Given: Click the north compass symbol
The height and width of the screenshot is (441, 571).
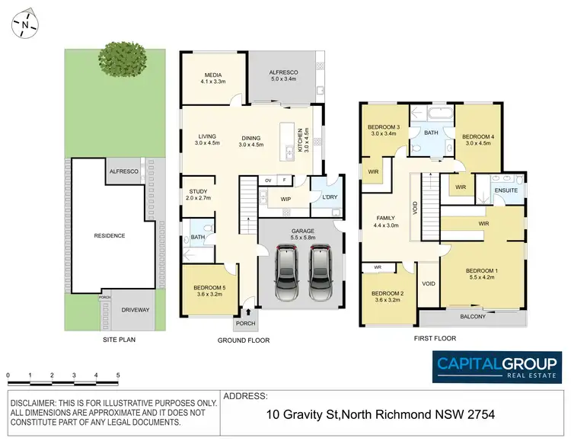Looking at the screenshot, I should [x=25, y=24].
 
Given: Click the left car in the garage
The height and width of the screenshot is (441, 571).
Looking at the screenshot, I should [x=287, y=271].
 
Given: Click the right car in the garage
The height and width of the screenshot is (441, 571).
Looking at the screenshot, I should [x=321, y=271].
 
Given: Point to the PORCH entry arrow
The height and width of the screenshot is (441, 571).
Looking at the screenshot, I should [x=247, y=312].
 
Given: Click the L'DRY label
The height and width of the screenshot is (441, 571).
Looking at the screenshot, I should [x=329, y=197].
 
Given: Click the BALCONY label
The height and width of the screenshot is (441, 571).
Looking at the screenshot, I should [x=472, y=317].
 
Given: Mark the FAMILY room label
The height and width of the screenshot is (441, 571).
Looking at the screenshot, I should [x=385, y=216].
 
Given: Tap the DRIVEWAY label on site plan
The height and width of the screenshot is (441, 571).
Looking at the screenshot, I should [x=136, y=310].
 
